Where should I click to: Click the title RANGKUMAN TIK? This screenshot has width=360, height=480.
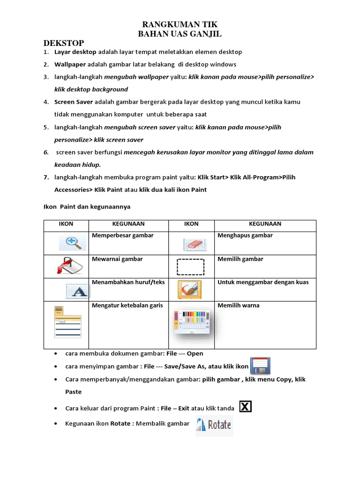(x=180, y=24)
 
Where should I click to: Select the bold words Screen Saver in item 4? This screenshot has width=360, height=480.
(x=74, y=102)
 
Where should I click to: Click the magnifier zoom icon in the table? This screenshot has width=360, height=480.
(x=72, y=242)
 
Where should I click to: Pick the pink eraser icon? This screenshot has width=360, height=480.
(x=191, y=243)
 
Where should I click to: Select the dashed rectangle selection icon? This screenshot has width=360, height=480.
(x=190, y=267)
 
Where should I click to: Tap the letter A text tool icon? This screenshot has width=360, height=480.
(x=78, y=291)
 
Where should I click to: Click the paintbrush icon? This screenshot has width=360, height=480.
(x=190, y=289)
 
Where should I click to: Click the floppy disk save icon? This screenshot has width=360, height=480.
(x=260, y=366)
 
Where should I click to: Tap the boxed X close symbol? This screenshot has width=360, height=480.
(x=246, y=406)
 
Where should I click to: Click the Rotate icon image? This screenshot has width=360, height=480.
(x=214, y=425)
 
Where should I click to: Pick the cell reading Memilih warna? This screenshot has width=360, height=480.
(x=239, y=305)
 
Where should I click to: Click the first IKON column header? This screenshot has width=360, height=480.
(x=66, y=224)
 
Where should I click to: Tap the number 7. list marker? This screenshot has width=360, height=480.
(x=46, y=177)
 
